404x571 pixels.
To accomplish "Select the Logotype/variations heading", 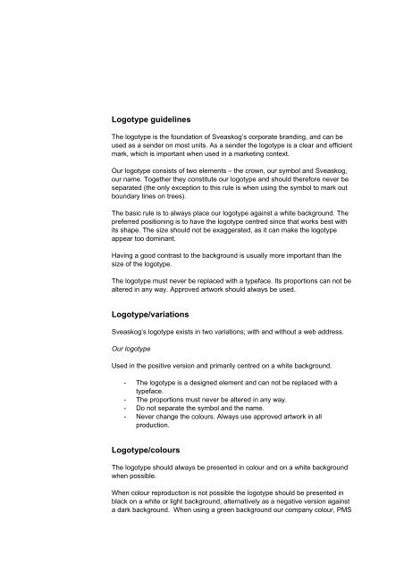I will coord(156,315).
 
